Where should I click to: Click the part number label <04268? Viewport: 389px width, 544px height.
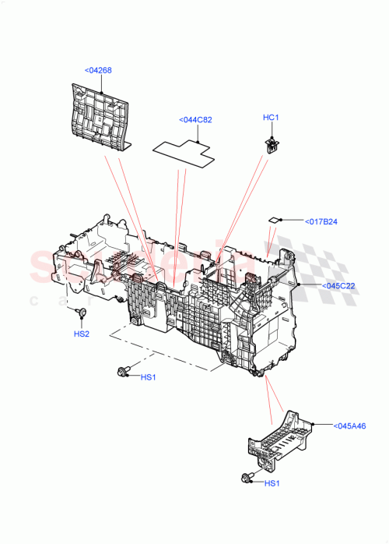[x=98, y=71]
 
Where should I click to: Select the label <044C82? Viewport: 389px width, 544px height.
[x=195, y=120]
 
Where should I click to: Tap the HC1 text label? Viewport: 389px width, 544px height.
[x=271, y=118]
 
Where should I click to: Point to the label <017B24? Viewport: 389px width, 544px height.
[x=321, y=222]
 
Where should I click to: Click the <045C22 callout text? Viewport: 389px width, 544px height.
[x=339, y=285]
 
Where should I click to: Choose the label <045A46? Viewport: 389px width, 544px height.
[x=350, y=426]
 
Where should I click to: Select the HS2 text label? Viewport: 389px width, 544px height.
[x=82, y=334]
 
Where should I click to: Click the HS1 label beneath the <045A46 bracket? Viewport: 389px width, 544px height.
[x=272, y=483]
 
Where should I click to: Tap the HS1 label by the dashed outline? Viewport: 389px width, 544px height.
[x=149, y=378]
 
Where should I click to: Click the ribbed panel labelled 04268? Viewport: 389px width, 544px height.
[x=99, y=114]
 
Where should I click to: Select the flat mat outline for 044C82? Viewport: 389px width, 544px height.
[x=184, y=150]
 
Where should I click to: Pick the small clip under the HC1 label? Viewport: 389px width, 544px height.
[x=272, y=143]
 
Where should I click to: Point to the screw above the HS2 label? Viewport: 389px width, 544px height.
[x=81, y=313]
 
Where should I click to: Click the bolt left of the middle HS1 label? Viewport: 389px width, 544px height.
[x=122, y=373]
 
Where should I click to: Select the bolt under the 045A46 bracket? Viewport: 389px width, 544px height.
[x=247, y=478]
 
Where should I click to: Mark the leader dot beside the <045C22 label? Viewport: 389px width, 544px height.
[x=300, y=285]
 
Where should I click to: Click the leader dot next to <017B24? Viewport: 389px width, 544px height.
[x=282, y=221]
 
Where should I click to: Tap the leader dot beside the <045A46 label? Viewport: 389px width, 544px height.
[x=312, y=425]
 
